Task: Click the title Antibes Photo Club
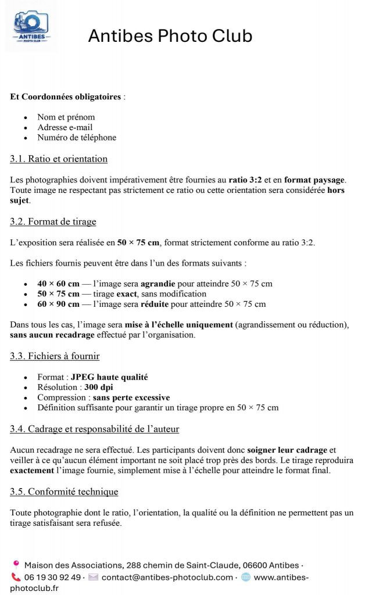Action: [170, 36]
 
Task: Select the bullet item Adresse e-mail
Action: [65, 127]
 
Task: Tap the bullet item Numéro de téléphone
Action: [77, 138]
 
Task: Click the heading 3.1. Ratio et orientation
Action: [59, 159]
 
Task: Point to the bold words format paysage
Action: [315, 180]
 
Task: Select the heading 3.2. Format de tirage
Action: [53, 221]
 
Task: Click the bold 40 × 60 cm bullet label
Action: [58, 284]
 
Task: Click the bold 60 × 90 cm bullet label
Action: [58, 304]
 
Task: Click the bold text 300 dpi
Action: [100, 387]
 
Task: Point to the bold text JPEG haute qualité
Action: [109, 377]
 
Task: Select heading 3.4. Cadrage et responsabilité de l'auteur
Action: [94, 429]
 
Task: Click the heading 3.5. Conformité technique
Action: [64, 492]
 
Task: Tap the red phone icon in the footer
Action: [16, 577]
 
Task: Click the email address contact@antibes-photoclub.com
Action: [167, 577]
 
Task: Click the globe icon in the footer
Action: [246, 577]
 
